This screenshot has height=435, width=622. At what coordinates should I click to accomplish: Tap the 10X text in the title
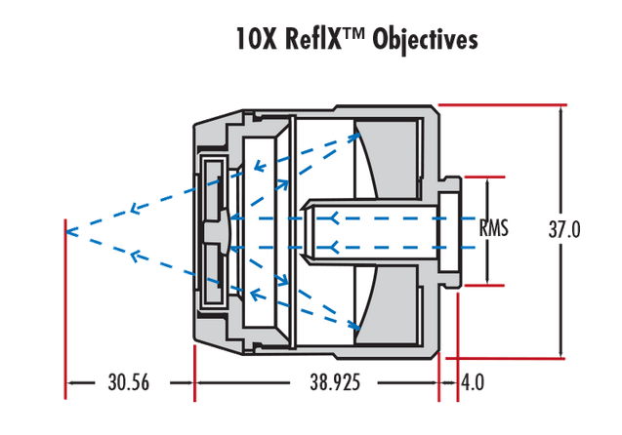[253, 40]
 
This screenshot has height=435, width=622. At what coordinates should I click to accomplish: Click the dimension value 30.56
[127, 383]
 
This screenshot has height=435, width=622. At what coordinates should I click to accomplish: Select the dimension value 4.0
[472, 383]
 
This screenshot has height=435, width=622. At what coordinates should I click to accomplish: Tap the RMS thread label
[494, 231]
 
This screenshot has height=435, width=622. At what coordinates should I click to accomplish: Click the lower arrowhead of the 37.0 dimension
[560, 352]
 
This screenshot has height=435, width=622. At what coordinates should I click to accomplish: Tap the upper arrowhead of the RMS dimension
[485, 184]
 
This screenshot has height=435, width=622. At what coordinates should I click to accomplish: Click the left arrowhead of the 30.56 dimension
[70, 383]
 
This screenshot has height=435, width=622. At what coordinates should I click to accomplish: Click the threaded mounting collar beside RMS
[449, 231]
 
